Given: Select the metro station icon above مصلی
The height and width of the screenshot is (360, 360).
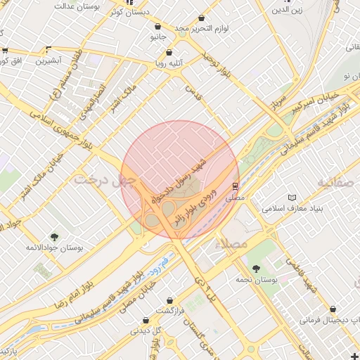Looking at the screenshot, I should (x=235, y=186).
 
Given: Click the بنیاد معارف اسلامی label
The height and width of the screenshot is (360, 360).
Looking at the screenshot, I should (x=292, y=209).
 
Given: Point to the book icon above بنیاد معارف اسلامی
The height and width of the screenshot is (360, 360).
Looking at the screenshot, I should (x=292, y=198).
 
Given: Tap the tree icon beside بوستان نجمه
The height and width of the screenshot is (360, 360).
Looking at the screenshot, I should (x=256, y=268).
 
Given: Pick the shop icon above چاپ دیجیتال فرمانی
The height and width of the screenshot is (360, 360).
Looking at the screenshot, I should (x=333, y=309).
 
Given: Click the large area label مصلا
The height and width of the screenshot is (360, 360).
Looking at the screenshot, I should (x=234, y=244).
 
